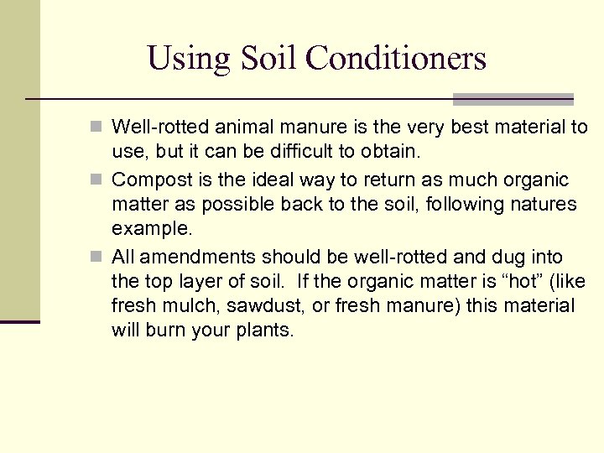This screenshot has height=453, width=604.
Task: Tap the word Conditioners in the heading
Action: tap(396, 59)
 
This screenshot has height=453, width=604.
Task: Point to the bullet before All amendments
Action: tap(98, 257)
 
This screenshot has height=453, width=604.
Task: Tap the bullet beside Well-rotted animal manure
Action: tap(98, 128)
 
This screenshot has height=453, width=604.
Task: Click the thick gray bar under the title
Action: tap(513, 99)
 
